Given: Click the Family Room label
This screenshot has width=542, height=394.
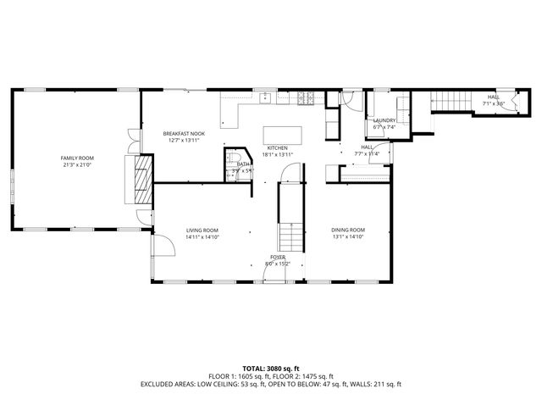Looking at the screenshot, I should click(x=76, y=158).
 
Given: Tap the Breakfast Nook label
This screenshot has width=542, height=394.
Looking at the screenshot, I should click(x=185, y=133).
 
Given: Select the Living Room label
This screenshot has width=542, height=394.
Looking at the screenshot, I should click(x=202, y=230).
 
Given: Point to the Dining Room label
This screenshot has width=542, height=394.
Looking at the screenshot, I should click(x=348, y=230).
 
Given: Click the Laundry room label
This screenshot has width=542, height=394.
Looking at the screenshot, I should click(x=384, y=120).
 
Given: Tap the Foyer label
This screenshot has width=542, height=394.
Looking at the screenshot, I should click(x=278, y=257).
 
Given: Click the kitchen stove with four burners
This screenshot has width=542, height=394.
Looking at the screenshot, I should click(x=307, y=98).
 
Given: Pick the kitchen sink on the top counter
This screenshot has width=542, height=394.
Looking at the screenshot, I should click(x=265, y=97).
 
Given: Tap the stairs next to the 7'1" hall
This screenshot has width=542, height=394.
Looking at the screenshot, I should click(x=451, y=101).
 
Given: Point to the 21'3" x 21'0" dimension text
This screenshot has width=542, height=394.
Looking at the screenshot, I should click(x=76, y=165).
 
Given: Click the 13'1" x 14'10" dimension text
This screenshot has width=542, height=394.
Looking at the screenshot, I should click(x=348, y=237).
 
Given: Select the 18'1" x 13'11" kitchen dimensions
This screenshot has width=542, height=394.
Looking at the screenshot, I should click(x=278, y=154).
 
